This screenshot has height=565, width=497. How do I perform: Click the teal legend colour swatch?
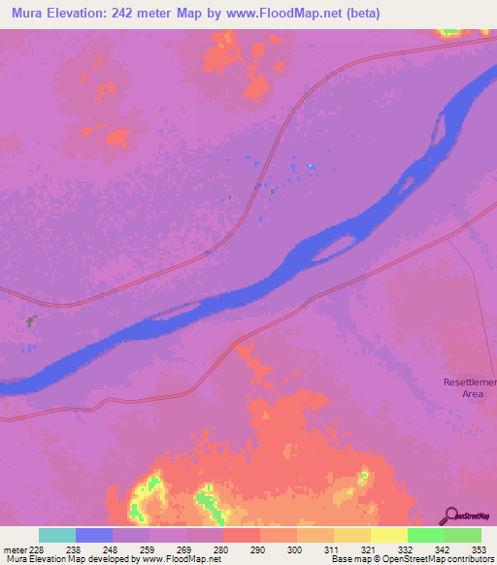57,535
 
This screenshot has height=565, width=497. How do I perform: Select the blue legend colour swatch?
94,535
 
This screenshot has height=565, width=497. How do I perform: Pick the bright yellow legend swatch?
389,535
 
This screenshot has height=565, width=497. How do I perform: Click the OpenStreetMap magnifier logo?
451,514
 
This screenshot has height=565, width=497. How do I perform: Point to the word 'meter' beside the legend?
14,549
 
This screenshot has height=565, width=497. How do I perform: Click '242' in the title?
131,14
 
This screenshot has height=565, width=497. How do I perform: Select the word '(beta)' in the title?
359,14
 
